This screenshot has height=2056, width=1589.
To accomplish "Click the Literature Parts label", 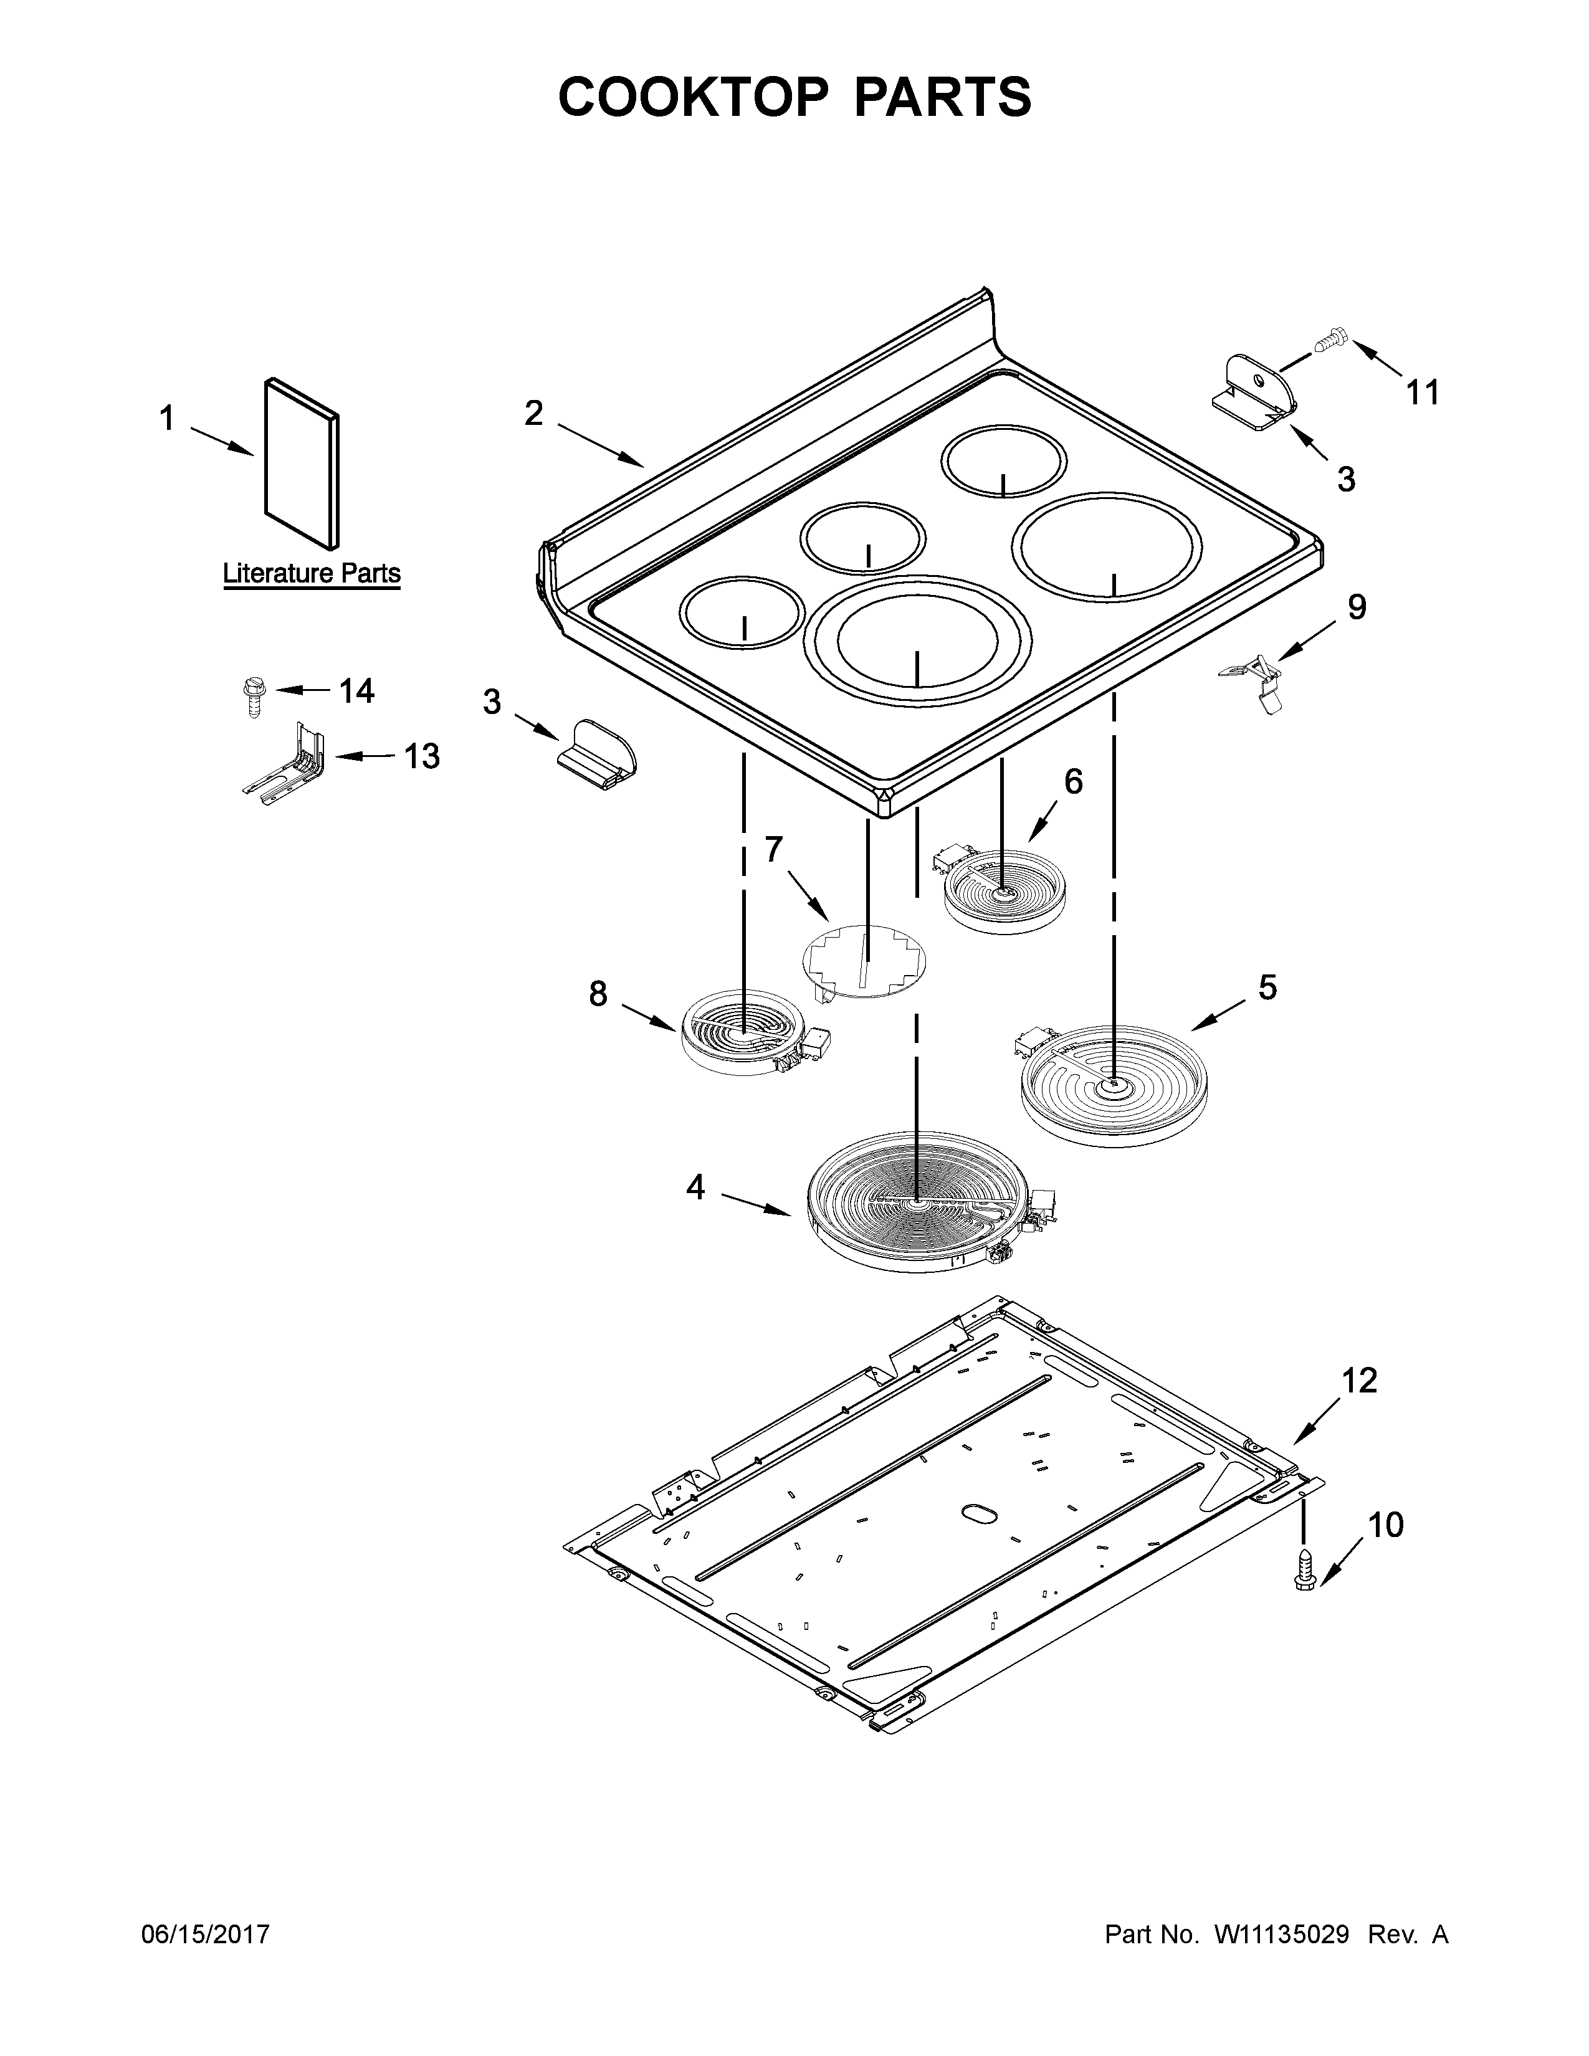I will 311,573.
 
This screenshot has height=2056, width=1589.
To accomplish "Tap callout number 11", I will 1423,392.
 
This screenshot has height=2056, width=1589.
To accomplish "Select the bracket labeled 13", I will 287,763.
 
